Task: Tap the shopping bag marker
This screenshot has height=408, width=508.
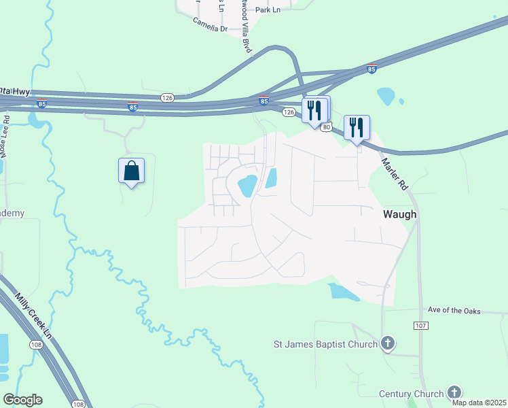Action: click(x=132, y=171)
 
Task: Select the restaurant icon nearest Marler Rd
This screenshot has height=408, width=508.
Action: click(x=357, y=127)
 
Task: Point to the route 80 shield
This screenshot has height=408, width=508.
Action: click(x=327, y=127)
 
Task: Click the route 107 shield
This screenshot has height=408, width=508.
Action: click(x=420, y=326)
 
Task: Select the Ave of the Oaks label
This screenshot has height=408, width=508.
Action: click(x=454, y=311)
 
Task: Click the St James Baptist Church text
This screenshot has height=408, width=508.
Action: click(x=325, y=344)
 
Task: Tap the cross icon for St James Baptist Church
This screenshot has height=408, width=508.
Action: click(x=388, y=343)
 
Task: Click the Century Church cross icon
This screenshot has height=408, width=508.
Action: click(x=454, y=392)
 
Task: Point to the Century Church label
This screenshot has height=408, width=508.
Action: click(x=412, y=394)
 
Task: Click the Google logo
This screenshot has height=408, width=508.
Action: click(x=22, y=400)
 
